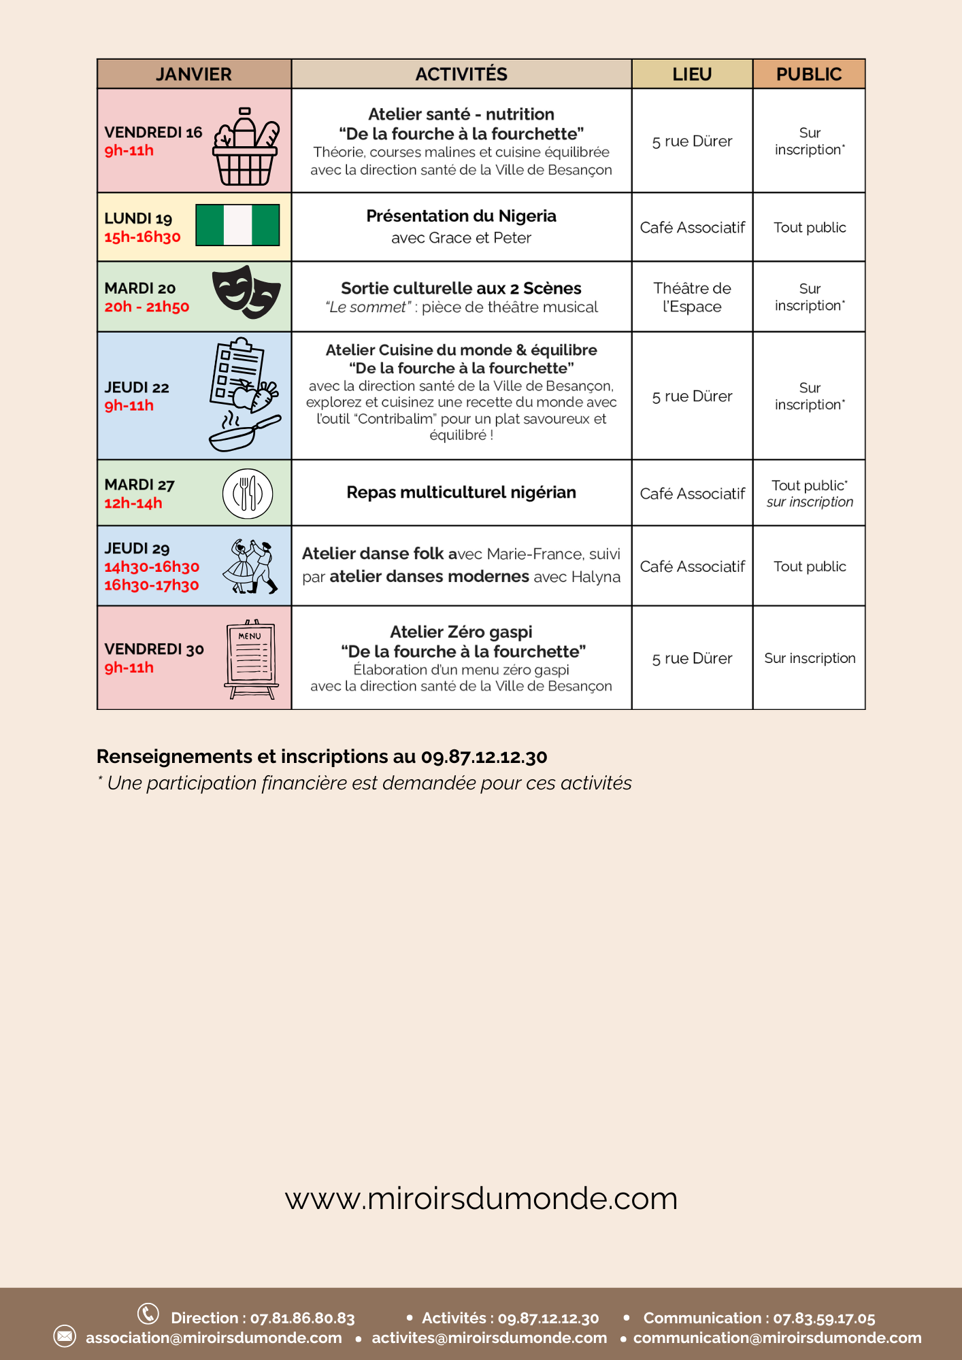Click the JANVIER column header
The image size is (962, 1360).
[x=194, y=74]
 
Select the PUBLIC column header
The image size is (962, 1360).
[x=809, y=74]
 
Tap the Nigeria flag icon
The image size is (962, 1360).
[x=237, y=225]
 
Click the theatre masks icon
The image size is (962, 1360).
[x=246, y=292]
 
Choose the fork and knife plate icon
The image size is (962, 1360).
[x=248, y=494]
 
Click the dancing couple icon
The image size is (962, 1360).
[x=250, y=566]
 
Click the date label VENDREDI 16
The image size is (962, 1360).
[x=153, y=132]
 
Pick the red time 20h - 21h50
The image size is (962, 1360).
[x=147, y=307]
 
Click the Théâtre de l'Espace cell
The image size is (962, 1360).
[x=692, y=297]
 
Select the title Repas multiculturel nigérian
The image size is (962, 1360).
[x=461, y=492]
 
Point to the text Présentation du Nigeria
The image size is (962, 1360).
[x=461, y=216]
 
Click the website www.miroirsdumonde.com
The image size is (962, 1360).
[x=481, y=1199]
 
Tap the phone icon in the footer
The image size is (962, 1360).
[x=148, y=1313]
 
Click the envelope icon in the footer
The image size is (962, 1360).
[x=65, y=1336]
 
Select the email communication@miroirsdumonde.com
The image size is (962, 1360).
[x=777, y=1338]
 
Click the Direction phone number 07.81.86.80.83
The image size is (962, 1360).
[x=303, y=1318]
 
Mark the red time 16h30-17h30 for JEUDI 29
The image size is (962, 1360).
[x=152, y=585]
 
